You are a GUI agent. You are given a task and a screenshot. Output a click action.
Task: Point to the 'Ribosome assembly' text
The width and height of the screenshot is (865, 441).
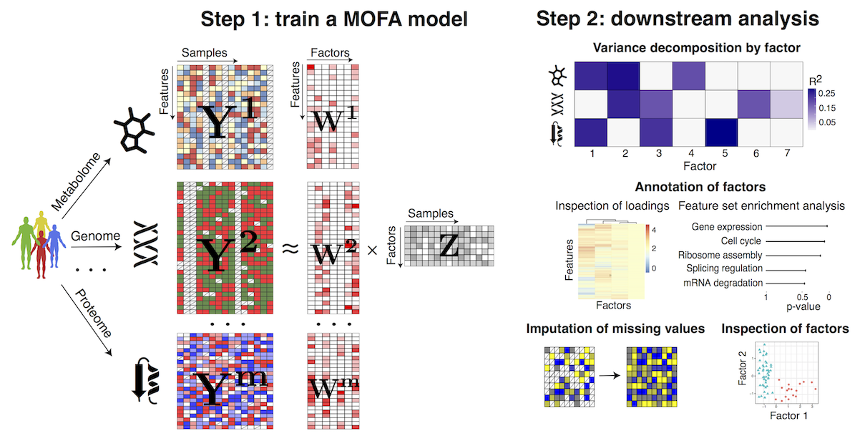point(720,255)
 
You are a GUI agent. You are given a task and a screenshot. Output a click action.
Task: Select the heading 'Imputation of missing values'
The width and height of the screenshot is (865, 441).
point(615,329)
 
